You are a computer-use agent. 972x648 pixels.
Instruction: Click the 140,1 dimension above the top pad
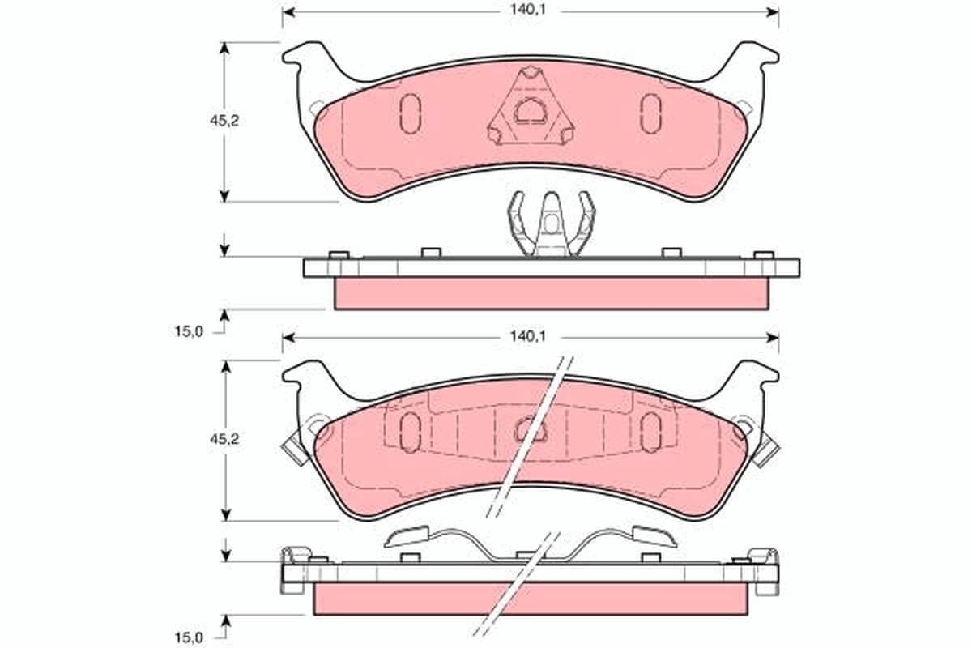coord(527,10)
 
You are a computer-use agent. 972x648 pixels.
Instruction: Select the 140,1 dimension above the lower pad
coord(527,336)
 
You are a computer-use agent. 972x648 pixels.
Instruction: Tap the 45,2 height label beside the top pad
coord(224,121)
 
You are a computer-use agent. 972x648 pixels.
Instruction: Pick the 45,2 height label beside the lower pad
coord(224,439)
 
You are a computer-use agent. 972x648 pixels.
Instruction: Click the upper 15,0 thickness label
coord(189,331)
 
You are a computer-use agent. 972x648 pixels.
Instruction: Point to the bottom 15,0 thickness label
coord(189,637)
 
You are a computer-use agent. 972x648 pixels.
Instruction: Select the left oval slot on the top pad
coord(410,113)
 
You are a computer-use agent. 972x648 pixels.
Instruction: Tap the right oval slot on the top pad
coord(651,113)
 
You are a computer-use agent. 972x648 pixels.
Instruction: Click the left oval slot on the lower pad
coord(410,433)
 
